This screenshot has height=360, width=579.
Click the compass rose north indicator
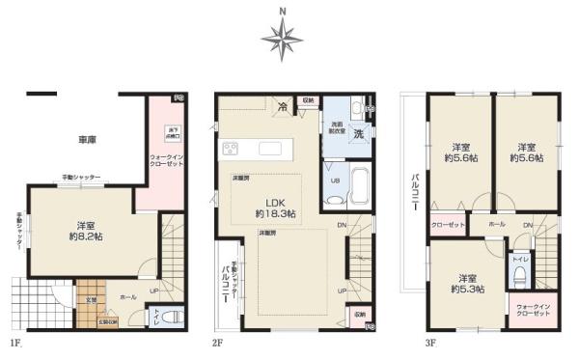point(282,38)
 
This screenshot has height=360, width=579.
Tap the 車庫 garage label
point(86,141)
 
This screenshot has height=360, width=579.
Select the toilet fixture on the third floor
point(521,277)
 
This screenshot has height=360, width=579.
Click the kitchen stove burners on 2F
point(232,148)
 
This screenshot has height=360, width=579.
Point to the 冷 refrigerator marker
point(283,106)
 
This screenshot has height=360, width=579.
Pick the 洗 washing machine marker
point(358,133)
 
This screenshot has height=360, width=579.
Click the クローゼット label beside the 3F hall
point(448,225)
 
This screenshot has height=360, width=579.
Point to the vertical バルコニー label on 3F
point(414,194)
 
